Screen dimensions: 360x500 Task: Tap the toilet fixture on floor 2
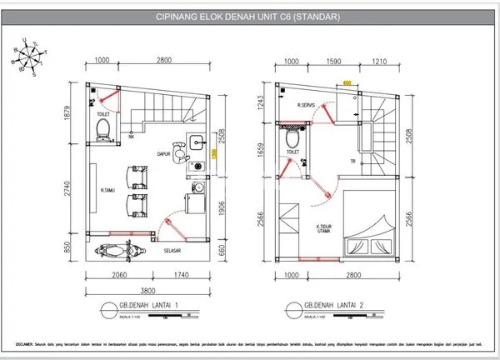(x=292, y=140)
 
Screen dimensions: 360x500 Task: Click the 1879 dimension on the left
(x=73, y=111)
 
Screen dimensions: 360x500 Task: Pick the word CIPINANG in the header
(x=176, y=17)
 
